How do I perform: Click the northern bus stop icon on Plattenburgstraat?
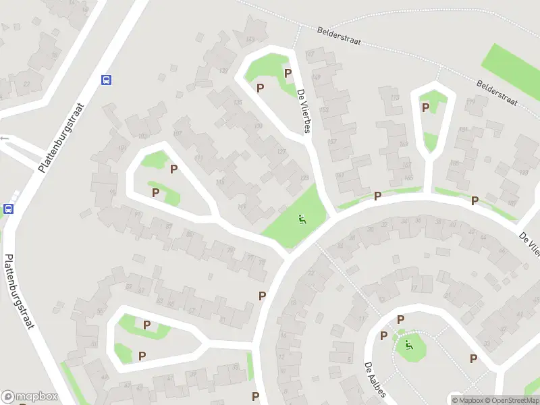click(x=106, y=80)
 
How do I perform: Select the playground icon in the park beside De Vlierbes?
click(x=302, y=219)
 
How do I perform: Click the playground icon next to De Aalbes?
click(x=407, y=346)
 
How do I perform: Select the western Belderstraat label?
click(x=339, y=36)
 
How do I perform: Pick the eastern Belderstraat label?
click(x=497, y=93)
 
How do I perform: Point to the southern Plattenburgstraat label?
click(x=20, y=300)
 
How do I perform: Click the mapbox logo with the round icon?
click(x=29, y=397)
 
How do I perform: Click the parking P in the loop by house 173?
click(x=425, y=107)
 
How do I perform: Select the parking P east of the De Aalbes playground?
click(x=473, y=358)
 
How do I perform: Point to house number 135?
click(x=237, y=103)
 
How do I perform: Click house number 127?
click(x=281, y=152)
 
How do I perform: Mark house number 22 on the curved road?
click(x=310, y=273)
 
